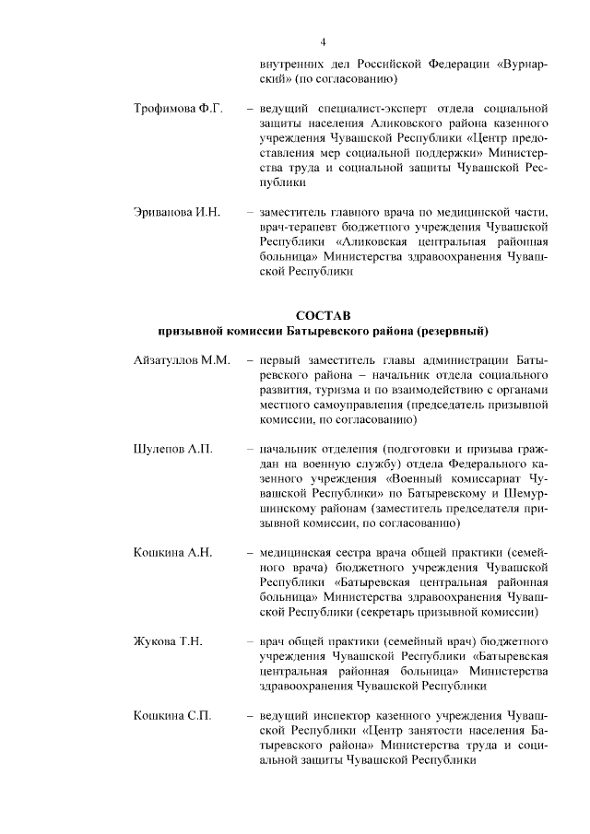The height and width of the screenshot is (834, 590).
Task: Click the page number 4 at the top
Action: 324,41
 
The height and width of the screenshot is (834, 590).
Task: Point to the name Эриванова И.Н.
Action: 177,213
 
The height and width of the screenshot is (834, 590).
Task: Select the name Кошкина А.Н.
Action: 173,552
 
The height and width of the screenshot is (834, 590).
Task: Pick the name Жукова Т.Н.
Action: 168,640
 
